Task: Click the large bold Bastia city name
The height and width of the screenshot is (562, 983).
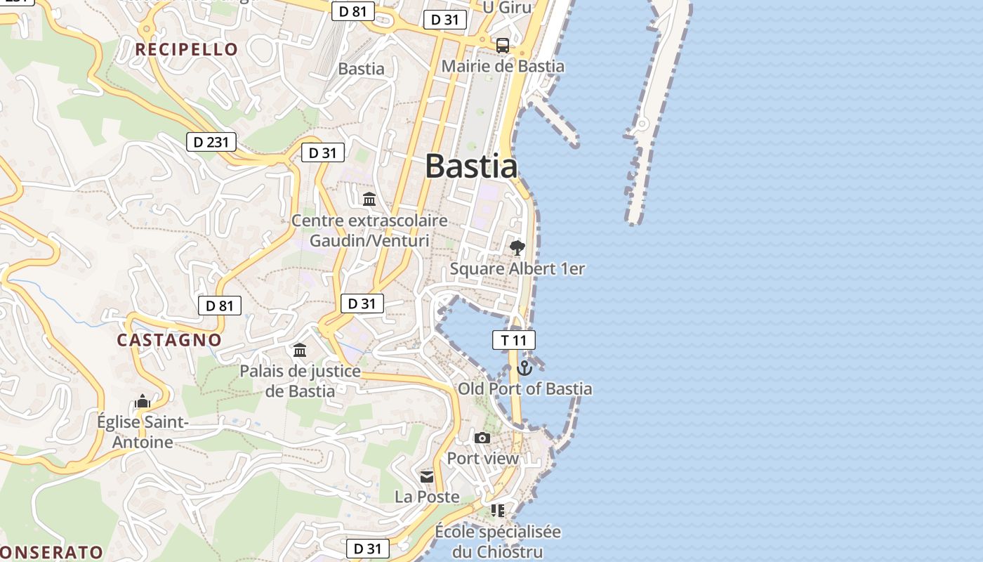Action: click(x=471, y=166)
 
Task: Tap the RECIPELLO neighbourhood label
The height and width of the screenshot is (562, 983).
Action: click(x=187, y=49)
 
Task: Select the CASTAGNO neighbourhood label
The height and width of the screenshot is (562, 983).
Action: click(x=169, y=340)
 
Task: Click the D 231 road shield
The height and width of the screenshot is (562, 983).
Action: click(x=211, y=142)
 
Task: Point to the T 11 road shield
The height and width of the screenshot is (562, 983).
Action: click(x=513, y=341)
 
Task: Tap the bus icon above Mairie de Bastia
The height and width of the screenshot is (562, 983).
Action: click(x=503, y=46)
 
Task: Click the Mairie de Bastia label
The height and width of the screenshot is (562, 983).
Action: click(x=503, y=67)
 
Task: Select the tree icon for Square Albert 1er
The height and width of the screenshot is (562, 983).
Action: click(x=517, y=247)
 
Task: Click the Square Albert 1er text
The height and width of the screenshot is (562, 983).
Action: click(x=517, y=268)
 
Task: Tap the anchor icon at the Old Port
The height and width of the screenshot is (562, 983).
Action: click(x=525, y=367)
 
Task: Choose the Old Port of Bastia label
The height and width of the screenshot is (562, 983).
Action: click(x=525, y=388)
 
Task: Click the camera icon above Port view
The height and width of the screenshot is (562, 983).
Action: click(x=482, y=438)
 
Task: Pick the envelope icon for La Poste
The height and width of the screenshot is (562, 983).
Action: click(x=427, y=478)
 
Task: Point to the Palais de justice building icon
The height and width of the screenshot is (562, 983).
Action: click(x=300, y=350)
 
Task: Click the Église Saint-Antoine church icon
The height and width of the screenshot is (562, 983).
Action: click(x=143, y=402)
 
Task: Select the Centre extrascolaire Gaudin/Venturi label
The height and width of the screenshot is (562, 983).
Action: click(x=369, y=230)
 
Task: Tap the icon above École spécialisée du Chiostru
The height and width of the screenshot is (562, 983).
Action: click(x=498, y=511)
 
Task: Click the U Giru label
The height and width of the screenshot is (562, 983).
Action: click(x=507, y=7)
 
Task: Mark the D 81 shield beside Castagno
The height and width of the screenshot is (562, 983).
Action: click(x=220, y=306)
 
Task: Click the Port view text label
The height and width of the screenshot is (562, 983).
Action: click(x=483, y=459)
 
